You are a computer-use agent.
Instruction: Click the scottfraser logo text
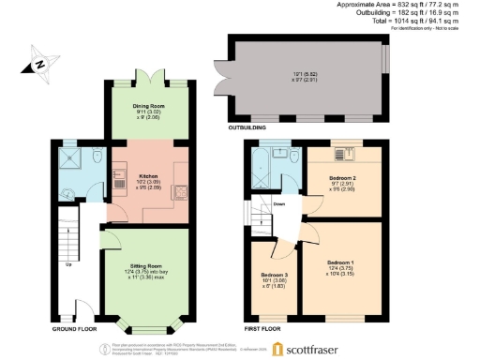click(322, 348)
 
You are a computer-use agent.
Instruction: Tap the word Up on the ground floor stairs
click(67, 263)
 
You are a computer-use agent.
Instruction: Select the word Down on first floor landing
click(278, 202)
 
